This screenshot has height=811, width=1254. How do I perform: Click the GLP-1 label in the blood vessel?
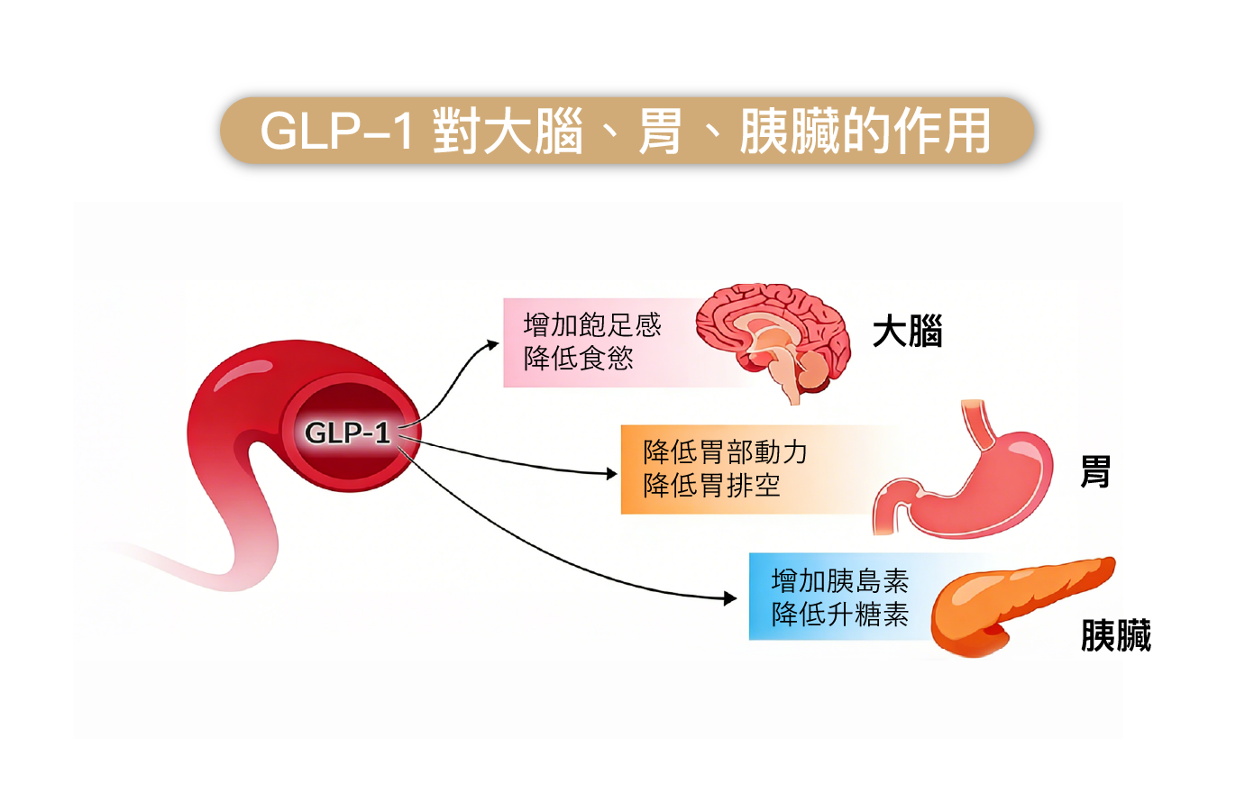347,433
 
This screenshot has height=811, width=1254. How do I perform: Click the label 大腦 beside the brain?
907,332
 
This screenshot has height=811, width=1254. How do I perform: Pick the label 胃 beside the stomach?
1095,471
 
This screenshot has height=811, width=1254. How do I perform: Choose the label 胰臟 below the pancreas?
1115,635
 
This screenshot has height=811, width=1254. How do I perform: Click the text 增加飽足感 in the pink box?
592,324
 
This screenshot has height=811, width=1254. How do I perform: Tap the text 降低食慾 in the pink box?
578,359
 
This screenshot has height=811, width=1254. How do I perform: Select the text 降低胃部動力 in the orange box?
725,451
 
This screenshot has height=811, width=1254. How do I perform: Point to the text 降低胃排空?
711,486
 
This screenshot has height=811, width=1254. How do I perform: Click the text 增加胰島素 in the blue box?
839,580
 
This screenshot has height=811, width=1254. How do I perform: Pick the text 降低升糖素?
839,615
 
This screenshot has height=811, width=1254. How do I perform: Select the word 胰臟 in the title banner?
790,132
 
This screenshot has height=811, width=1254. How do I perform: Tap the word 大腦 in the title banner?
533,132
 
